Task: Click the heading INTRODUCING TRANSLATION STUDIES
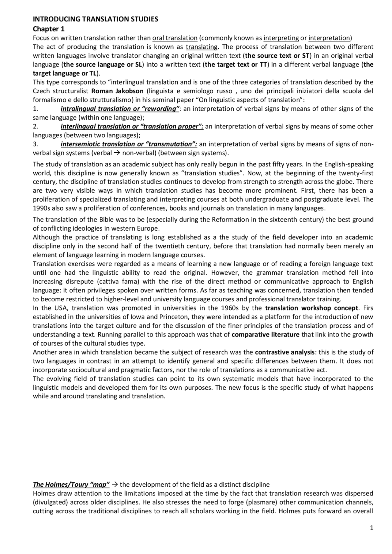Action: pos(95,19)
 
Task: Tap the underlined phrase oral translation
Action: pos(175,38)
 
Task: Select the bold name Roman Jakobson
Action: pos(117,91)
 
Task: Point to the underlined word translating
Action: pos(202,47)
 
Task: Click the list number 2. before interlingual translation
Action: pos(36,127)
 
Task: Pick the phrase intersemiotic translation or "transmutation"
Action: pos(129,144)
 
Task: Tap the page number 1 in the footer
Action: pos(371,528)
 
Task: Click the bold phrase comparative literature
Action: pos(265,335)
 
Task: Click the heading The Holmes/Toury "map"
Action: pos(71,485)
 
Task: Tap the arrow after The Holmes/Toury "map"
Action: pos(115,485)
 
